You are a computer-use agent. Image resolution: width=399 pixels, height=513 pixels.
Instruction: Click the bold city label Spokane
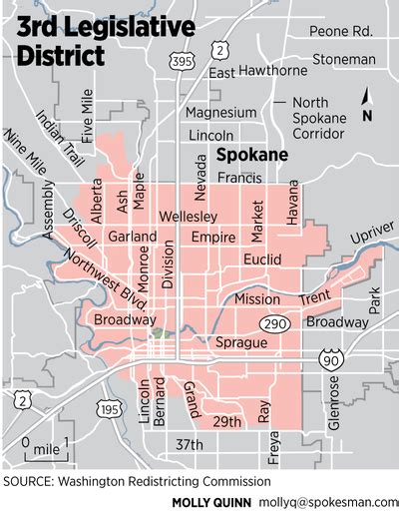pyautogui.click(x=252, y=156)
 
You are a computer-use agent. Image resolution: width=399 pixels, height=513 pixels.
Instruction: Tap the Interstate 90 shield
pyautogui.click(x=330, y=359)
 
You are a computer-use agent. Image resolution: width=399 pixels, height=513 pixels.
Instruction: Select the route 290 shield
pyautogui.click(x=275, y=324)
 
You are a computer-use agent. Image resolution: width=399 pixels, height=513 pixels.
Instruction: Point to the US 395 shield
pyautogui.click(x=183, y=62)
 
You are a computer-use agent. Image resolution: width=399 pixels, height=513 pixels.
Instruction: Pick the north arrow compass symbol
pyautogui.click(x=366, y=103)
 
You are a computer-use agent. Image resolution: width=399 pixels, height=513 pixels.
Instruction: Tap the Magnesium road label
pyautogui.click(x=220, y=113)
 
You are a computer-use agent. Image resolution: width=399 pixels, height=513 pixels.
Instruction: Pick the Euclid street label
pyautogui.click(x=263, y=259)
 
